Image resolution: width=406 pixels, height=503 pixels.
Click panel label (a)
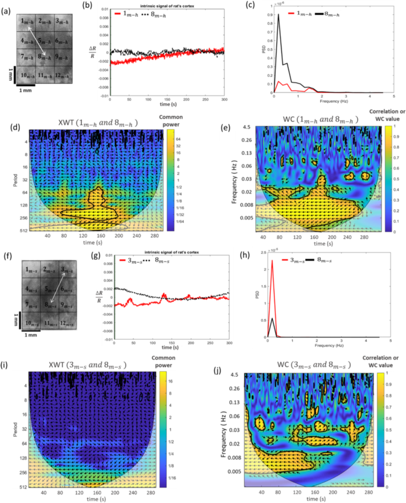pyautogui.click(x=7, y=6)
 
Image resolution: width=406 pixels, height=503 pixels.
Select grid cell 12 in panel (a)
pyautogui.click(x=57, y=76)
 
